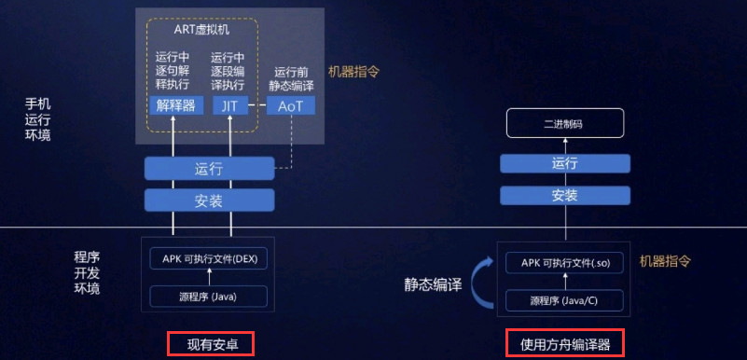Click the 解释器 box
click(x=175, y=105)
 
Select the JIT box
click(x=229, y=105)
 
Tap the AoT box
click(x=290, y=105)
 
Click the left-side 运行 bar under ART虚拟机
click(x=208, y=169)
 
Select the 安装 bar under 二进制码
click(x=565, y=195)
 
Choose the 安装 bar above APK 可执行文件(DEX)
click(x=208, y=200)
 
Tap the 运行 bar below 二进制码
click(x=565, y=163)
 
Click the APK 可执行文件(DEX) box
click(x=208, y=258)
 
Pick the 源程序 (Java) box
click(x=208, y=297)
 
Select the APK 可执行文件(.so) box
click(x=564, y=262)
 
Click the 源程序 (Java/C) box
click(x=564, y=300)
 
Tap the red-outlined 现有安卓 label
click(x=211, y=344)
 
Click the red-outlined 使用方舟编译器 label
click(x=564, y=344)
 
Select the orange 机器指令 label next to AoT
click(x=353, y=71)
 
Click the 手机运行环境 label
click(x=38, y=118)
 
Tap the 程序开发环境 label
click(x=87, y=271)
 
